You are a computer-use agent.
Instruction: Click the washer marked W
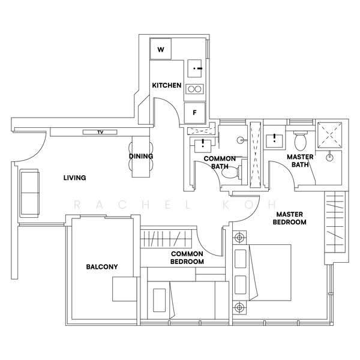point(161,49)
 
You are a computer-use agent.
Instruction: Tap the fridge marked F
point(194,113)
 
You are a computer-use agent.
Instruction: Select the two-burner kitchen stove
point(194,89)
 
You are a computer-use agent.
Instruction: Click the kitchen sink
point(194,68)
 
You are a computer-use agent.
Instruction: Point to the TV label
point(100,132)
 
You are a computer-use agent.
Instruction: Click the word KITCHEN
point(167,85)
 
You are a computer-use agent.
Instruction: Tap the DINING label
point(141,156)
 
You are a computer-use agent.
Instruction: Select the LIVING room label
point(74,178)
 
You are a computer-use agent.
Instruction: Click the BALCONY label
point(102,267)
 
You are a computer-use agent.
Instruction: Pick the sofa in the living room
point(29,193)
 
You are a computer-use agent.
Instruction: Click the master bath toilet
point(301,140)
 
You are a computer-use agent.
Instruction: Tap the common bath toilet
point(232,172)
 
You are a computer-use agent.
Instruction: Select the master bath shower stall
point(329,135)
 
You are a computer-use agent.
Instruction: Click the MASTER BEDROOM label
point(290,218)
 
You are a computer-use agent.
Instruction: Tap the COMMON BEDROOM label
point(187,257)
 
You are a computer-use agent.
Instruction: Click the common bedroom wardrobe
point(166,239)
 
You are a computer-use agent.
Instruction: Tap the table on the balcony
point(125,289)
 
